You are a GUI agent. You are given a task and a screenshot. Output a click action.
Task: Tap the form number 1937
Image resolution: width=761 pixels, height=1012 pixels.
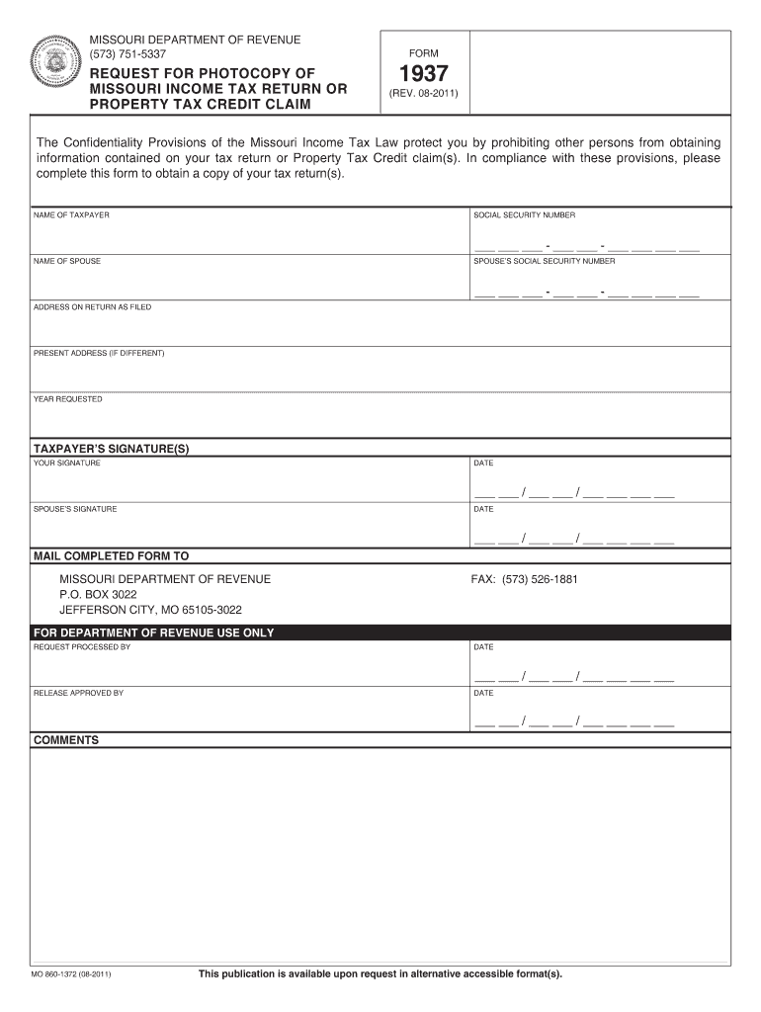click(x=423, y=74)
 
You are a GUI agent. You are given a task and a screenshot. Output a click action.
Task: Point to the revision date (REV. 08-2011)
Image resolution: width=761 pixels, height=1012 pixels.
click(x=423, y=95)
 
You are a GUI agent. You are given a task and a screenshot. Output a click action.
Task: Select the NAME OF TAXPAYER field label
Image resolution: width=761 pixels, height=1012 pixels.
click(x=71, y=214)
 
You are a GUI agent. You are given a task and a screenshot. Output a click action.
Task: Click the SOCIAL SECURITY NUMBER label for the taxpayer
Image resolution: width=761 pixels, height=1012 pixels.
click(x=524, y=214)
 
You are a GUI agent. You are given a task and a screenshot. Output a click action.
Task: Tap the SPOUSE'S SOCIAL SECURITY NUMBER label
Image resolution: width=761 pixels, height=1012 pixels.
click(x=544, y=261)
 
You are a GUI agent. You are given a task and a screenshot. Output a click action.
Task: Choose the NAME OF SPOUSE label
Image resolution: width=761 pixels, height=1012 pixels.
click(x=67, y=261)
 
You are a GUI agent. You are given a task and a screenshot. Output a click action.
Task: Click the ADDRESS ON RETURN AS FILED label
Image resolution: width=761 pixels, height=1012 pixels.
click(x=92, y=307)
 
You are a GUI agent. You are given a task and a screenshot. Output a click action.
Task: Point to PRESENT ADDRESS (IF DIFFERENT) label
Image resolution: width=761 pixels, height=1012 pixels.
click(x=99, y=353)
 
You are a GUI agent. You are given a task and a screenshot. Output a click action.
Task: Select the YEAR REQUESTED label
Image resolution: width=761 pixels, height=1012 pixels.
click(x=67, y=399)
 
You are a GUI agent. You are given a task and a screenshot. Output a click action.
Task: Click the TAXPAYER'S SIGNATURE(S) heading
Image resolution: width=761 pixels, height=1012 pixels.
click(x=111, y=449)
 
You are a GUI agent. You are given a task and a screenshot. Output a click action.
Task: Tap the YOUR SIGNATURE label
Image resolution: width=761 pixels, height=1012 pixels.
click(x=66, y=463)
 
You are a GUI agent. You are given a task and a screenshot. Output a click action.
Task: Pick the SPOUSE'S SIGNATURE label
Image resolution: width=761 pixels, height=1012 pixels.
click(x=75, y=509)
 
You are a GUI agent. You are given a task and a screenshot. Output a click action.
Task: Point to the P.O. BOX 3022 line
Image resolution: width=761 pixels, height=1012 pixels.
click(x=98, y=595)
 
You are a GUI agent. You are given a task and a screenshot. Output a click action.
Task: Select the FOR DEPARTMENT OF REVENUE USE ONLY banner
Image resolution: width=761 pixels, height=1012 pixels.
click(x=154, y=632)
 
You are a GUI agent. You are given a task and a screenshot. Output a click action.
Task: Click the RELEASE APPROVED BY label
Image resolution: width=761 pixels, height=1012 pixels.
click(x=78, y=693)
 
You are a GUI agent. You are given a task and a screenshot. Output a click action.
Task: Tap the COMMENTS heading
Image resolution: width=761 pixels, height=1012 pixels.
click(x=66, y=739)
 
